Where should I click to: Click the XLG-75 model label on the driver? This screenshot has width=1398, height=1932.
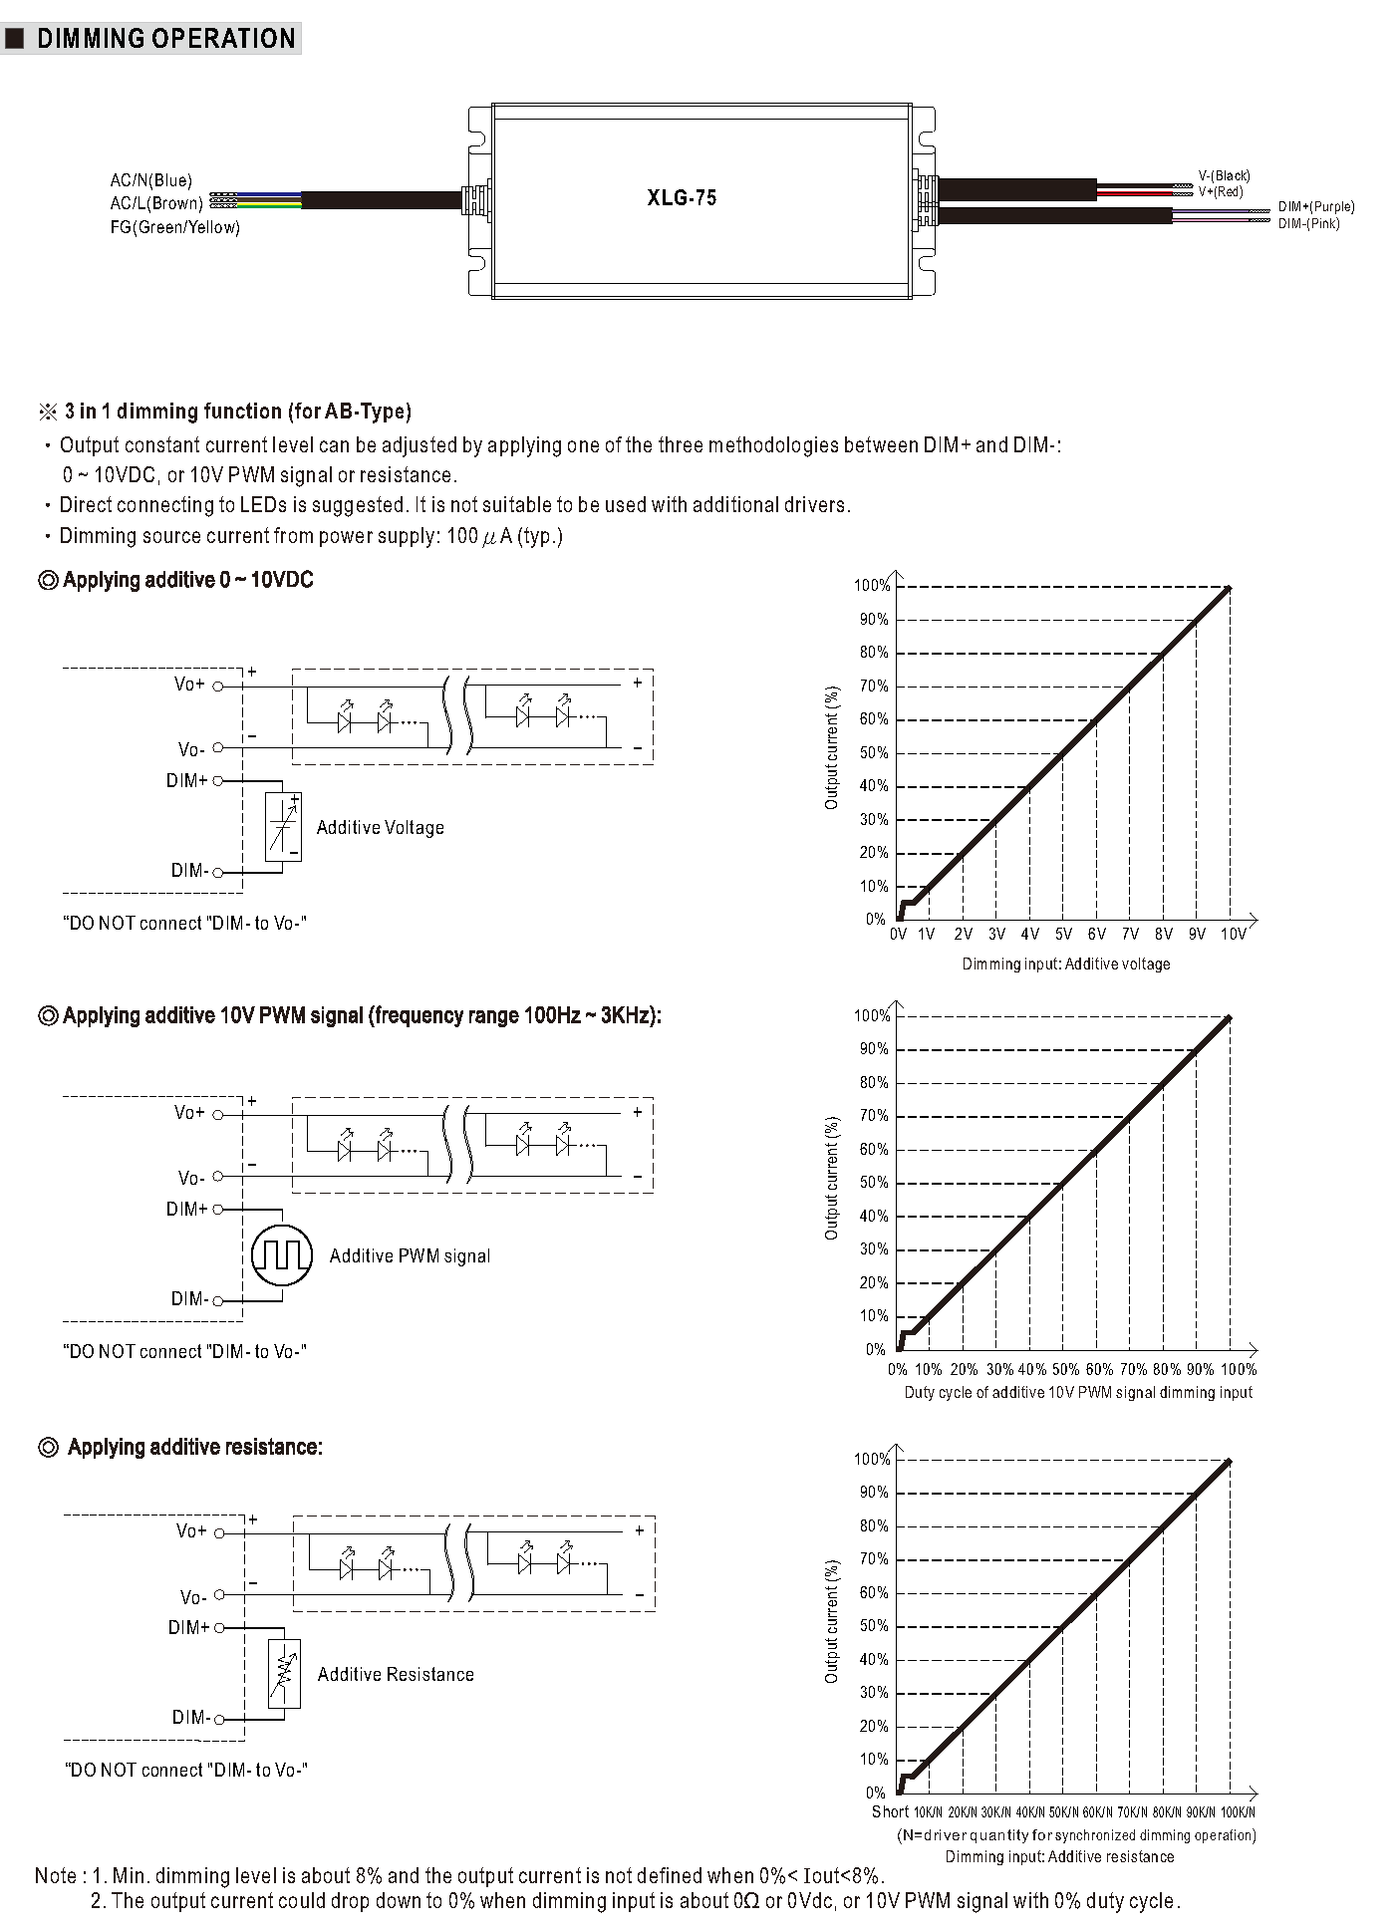(x=682, y=197)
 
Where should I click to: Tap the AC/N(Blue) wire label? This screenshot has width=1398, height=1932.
(x=150, y=180)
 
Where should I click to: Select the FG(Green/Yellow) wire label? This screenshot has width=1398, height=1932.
(x=174, y=227)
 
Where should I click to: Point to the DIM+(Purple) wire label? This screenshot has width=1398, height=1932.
(x=1316, y=207)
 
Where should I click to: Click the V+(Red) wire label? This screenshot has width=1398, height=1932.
(x=1221, y=191)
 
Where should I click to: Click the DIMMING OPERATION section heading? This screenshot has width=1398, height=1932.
(x=165, y=39)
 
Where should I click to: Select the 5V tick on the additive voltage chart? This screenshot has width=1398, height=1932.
(x=1063, y=935)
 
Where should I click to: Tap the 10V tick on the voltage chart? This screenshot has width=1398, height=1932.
(x=1233, y=935)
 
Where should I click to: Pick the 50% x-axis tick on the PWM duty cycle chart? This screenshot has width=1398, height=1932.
(x=1065, y=1369)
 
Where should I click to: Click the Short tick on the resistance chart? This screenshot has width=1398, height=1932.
(x=890, y=1811)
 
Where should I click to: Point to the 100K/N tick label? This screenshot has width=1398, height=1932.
(x=1238, y=1812)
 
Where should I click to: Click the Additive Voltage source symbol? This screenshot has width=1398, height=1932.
(x=283, y=827)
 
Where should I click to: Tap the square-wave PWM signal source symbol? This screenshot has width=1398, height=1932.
(x=282, y=1254)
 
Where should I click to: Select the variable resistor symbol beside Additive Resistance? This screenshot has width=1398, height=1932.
(x=284, y=1674)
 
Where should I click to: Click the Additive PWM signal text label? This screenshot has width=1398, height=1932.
(x=410, y=1256)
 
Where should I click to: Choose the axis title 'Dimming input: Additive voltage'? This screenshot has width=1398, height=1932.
(x=1065, y=964)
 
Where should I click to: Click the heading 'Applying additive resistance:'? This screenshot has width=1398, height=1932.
(x=194, y=1447)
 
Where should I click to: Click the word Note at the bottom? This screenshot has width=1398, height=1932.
(x=56, y=1876)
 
